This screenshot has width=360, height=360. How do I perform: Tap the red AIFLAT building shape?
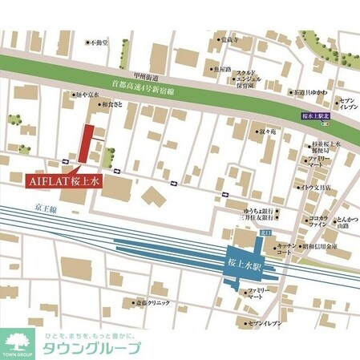(83, 144)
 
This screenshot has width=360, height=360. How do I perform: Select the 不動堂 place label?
(99, 41)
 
